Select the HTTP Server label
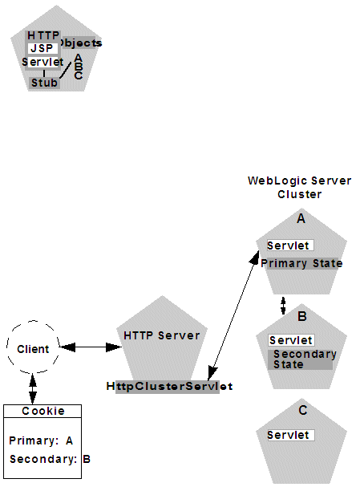coord(162,335)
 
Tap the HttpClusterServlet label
coord(169,386)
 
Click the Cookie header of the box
coord(43,411)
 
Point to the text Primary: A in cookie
coord(41,440)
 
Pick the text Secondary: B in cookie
coord(51,460)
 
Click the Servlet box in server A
coord(289,246)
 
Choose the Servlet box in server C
coord(289,435)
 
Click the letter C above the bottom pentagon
coord(302,411)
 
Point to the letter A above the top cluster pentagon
coord(301,218)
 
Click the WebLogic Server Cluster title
coord(299,188)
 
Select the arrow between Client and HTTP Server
coord(90,347)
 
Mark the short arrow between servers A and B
coord(282,306)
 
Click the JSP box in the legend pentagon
coord(40,48)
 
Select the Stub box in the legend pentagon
coord(44,83)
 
